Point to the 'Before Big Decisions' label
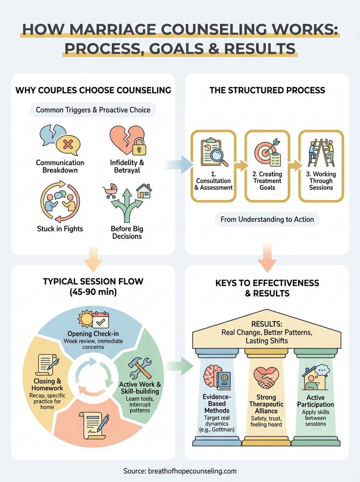point(127,233)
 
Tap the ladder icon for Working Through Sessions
point(320,153)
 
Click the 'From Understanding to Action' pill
point(267,220)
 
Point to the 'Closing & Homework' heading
point(47,385)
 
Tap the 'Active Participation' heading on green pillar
point(315,400)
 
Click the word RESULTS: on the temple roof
point(267,324)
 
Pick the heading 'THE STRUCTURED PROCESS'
point(267,90)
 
